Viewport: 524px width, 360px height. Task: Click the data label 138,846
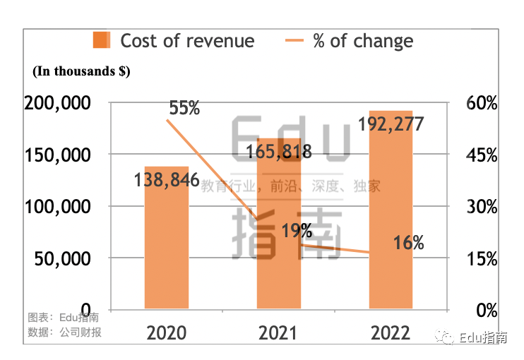click(167, 180)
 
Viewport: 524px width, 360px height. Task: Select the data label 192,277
click(391, 124)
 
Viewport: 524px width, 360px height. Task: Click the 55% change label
click(184, 108)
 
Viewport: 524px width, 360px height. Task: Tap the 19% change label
click(297, 231)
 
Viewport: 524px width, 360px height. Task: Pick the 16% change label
click(408, 244)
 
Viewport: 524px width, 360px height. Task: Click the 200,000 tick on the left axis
click(57, 103)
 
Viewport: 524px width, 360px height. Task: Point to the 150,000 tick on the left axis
click(57, 155)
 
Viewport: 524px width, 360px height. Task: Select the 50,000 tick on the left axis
click(61, 259)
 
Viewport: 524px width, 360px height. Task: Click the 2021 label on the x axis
click(278, 332)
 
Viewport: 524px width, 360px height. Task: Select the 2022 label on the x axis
click(391, 332)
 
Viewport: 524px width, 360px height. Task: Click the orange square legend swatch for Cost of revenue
click(102, 40)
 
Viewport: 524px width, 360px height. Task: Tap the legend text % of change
click(363, 40)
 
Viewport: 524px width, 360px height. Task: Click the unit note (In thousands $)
click(81, 71)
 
